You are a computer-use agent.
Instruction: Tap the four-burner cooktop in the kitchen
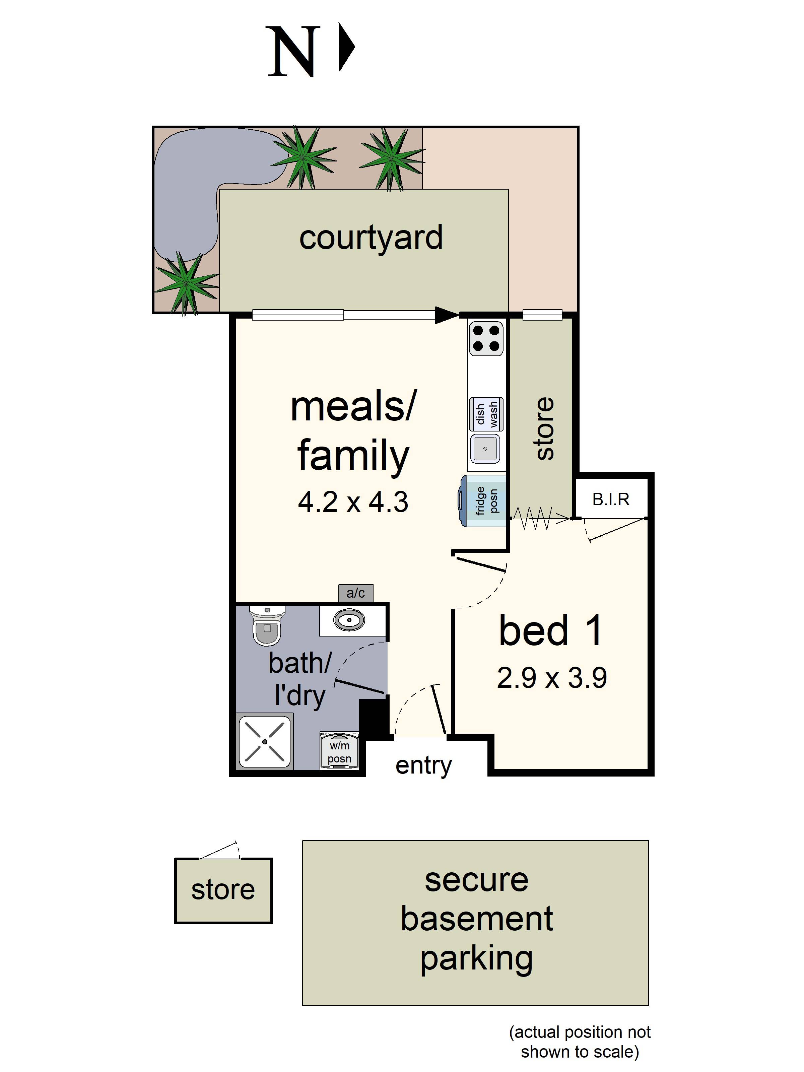point(486,338)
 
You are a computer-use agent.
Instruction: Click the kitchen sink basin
point(485,448)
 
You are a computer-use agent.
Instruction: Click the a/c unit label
point(355,593)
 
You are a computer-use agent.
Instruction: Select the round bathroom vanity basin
point(349,620)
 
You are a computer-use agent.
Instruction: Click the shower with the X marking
point(265,741)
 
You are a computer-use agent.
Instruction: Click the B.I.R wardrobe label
point(611,499)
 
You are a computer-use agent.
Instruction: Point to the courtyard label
point(371,238)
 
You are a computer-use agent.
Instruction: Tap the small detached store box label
point(223,890)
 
